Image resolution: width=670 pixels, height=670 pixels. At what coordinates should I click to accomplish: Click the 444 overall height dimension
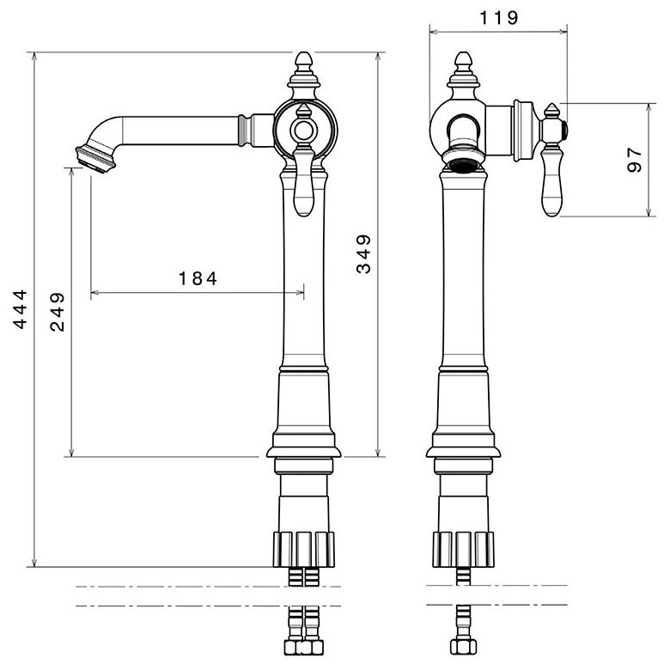click(x=20, y=310)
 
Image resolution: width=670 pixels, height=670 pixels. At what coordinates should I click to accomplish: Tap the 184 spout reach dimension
click(x=198, y=278)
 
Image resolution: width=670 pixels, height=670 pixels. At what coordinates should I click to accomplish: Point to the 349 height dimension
click(x=363, y=253)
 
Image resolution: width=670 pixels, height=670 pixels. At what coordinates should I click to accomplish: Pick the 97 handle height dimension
click(x=635, y=159)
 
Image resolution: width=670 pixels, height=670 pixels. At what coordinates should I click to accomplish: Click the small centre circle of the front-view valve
click(x=302, y=131)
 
